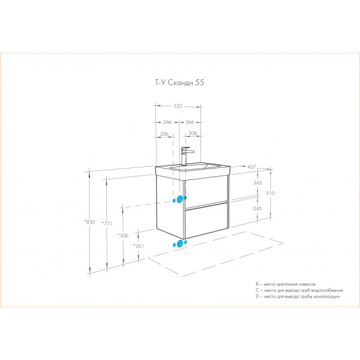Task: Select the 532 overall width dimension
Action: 178,107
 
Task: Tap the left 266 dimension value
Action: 167,122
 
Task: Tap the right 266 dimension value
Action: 190,122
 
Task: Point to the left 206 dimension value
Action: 164,134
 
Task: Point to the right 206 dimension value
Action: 193,134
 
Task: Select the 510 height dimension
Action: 272,193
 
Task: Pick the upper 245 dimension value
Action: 257,183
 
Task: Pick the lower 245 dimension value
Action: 257,208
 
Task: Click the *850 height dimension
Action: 90,222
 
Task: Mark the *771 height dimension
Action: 107,223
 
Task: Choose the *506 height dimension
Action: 123,236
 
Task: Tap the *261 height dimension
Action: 139,247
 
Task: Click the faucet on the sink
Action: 185,155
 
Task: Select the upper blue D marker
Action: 179,199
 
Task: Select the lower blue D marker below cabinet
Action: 179,244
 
